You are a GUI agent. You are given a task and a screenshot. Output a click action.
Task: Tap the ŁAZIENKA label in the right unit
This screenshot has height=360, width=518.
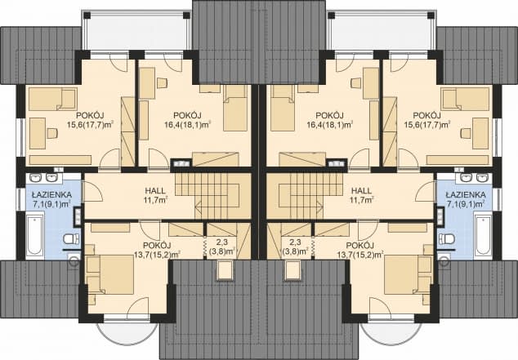pyautogui.click(x=465, y=194)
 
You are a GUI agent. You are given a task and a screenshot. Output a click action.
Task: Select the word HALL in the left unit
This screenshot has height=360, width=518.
pyautogui.click(x=155, y=191)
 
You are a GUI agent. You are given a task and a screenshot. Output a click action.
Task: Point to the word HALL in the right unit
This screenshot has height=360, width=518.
pyautogui.click(x=361, y=191)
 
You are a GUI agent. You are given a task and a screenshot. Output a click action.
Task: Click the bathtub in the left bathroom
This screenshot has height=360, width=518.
pyautogui.click(x=35, y=234)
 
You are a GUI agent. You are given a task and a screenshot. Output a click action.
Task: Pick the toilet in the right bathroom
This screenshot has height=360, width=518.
pyautogui.click(x=446, y=238)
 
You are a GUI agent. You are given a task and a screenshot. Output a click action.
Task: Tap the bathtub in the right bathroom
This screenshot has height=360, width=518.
pyautogui.click(x=483, y=234)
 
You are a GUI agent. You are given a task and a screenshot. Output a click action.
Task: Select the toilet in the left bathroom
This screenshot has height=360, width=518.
pyautogui.click(x=71, y=238)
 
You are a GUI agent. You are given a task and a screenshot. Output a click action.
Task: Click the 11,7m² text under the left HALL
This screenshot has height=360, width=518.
pyautogui.click(x=155, y=200)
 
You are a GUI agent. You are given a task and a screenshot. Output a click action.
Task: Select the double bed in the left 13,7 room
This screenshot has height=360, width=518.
pyautogui.click(x=109, y=273)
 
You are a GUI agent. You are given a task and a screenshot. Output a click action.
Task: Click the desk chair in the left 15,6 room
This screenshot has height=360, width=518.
pyautogui.click(x=52, y=133)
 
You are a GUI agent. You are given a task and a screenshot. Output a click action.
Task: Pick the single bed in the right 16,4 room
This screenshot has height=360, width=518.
pyautogui.click(x=282, y=109)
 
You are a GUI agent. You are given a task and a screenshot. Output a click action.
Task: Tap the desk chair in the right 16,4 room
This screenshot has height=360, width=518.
pyautogui.click(x=356, y=83)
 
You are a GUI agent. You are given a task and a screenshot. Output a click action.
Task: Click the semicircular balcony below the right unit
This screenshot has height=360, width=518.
pyautogui.click(x=391, y=332)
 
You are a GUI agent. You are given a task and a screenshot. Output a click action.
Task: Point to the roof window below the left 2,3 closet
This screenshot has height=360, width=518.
pyautogui.click(x=226, y=270)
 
